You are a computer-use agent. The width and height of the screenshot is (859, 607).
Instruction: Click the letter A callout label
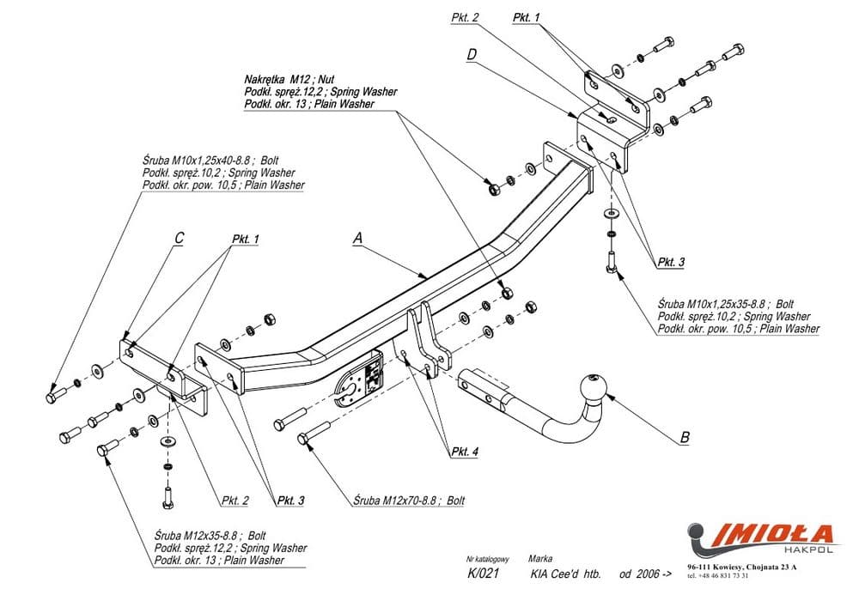pyautogui.click(x=357, y=240)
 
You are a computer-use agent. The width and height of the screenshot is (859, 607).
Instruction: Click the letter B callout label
pyautogui.click(x=685, y=437)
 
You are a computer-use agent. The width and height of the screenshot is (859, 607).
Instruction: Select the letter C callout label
pyautogui.click(x=178, y=240)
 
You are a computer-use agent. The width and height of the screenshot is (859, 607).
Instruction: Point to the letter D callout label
pyautogui.click(x=472, y=55)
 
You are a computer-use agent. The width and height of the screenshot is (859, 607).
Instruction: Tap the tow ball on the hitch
pyautogui.click(x=594, y=388)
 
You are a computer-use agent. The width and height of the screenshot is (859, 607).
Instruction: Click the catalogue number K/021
pyautogui.click(x=480, y=574)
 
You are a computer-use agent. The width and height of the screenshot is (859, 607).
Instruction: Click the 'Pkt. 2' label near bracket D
pyautogui.click(x=464, y=17)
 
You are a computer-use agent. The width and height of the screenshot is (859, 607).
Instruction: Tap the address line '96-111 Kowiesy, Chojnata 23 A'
pyautogui.click(x=742, y=568)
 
